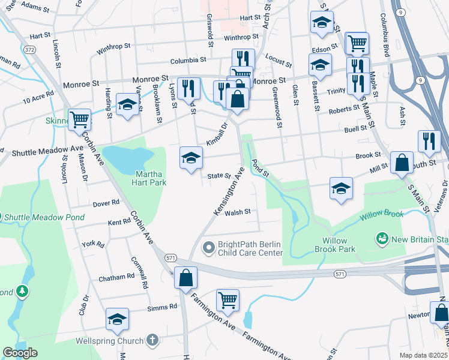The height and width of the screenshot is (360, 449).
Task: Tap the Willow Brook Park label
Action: [335, 245]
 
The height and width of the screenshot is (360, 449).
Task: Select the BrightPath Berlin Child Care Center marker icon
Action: [209, 247]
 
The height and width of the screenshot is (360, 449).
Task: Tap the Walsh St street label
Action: [237, 212]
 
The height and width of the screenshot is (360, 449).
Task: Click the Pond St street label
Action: [261, 168]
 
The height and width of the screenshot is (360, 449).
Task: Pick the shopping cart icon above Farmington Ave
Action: [228, 299]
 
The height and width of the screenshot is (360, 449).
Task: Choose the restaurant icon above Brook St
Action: [427, 141]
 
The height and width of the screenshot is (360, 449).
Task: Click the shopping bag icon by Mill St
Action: [402, 161]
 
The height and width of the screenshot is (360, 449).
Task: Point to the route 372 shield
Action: [30, 49]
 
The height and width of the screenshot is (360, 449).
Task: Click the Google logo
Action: [20, 353]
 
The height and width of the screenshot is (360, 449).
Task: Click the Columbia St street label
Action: [188, 61]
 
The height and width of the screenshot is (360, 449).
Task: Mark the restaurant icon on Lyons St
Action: [189, 88]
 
